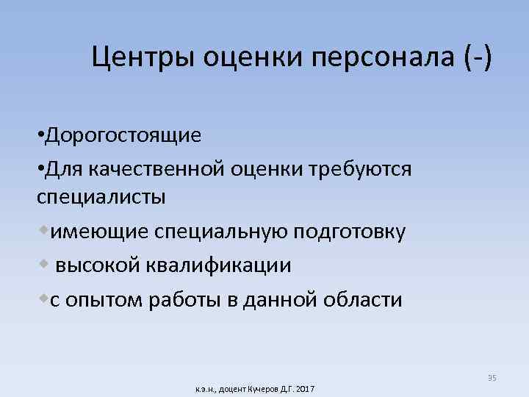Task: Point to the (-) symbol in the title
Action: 474,57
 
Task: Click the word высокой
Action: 95,265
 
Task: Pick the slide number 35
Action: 492,378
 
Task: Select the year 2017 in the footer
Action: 303,387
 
